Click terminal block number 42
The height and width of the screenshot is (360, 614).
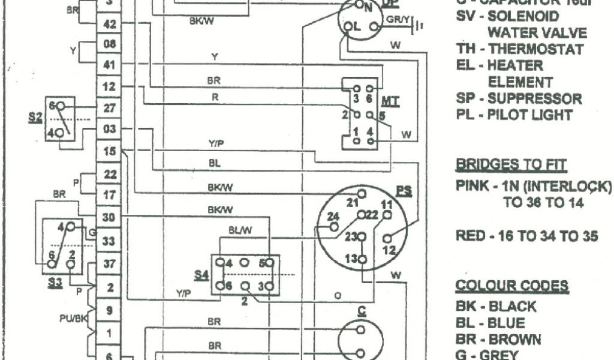[110, 25]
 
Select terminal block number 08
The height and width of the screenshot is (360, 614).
[110, 44]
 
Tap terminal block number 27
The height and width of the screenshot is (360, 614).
[110, 108]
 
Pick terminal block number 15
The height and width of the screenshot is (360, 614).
[110, 152]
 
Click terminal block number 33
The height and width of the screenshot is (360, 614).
[110, 241]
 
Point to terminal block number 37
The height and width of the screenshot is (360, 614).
[110, 263]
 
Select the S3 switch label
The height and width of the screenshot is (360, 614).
[55, 282]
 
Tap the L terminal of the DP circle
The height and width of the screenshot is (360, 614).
[353, 26]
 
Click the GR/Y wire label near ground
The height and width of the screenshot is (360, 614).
[398, 19]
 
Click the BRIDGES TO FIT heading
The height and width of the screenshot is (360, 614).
[511, 164]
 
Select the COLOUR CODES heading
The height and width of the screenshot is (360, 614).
[511, 285]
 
